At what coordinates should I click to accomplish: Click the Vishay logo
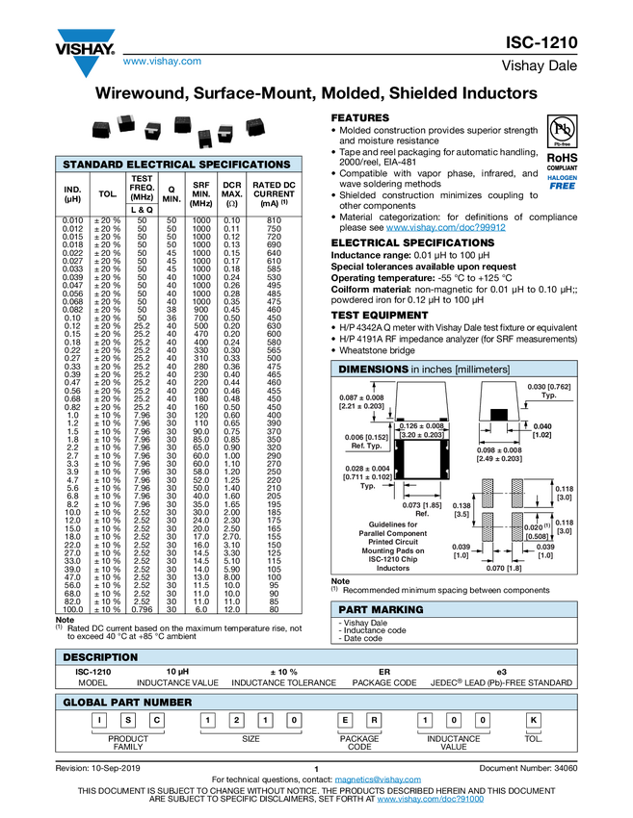[x=85, y=51]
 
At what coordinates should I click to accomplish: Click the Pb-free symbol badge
[x=561, y=130]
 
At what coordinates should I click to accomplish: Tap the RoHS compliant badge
[x=561, y=160]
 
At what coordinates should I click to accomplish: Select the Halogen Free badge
[x=562, y=182]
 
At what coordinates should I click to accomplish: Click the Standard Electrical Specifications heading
[x=176, y=165]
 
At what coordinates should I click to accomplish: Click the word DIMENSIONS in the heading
[x=372, y=370]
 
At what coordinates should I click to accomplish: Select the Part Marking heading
[x=380, y=609]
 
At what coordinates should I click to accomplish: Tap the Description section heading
[x=100, y=657]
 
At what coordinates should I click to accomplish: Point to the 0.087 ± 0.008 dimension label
[x=361, y=401]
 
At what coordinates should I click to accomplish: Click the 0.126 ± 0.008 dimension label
[x=421, y=430]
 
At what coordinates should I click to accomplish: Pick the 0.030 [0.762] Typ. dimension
[x=549, y=391]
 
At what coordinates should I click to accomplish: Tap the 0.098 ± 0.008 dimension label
[x=499, y=454]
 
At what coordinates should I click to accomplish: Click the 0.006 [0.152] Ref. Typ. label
[x=364, y=441]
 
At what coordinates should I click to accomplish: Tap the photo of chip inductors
[x=178, y=132]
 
